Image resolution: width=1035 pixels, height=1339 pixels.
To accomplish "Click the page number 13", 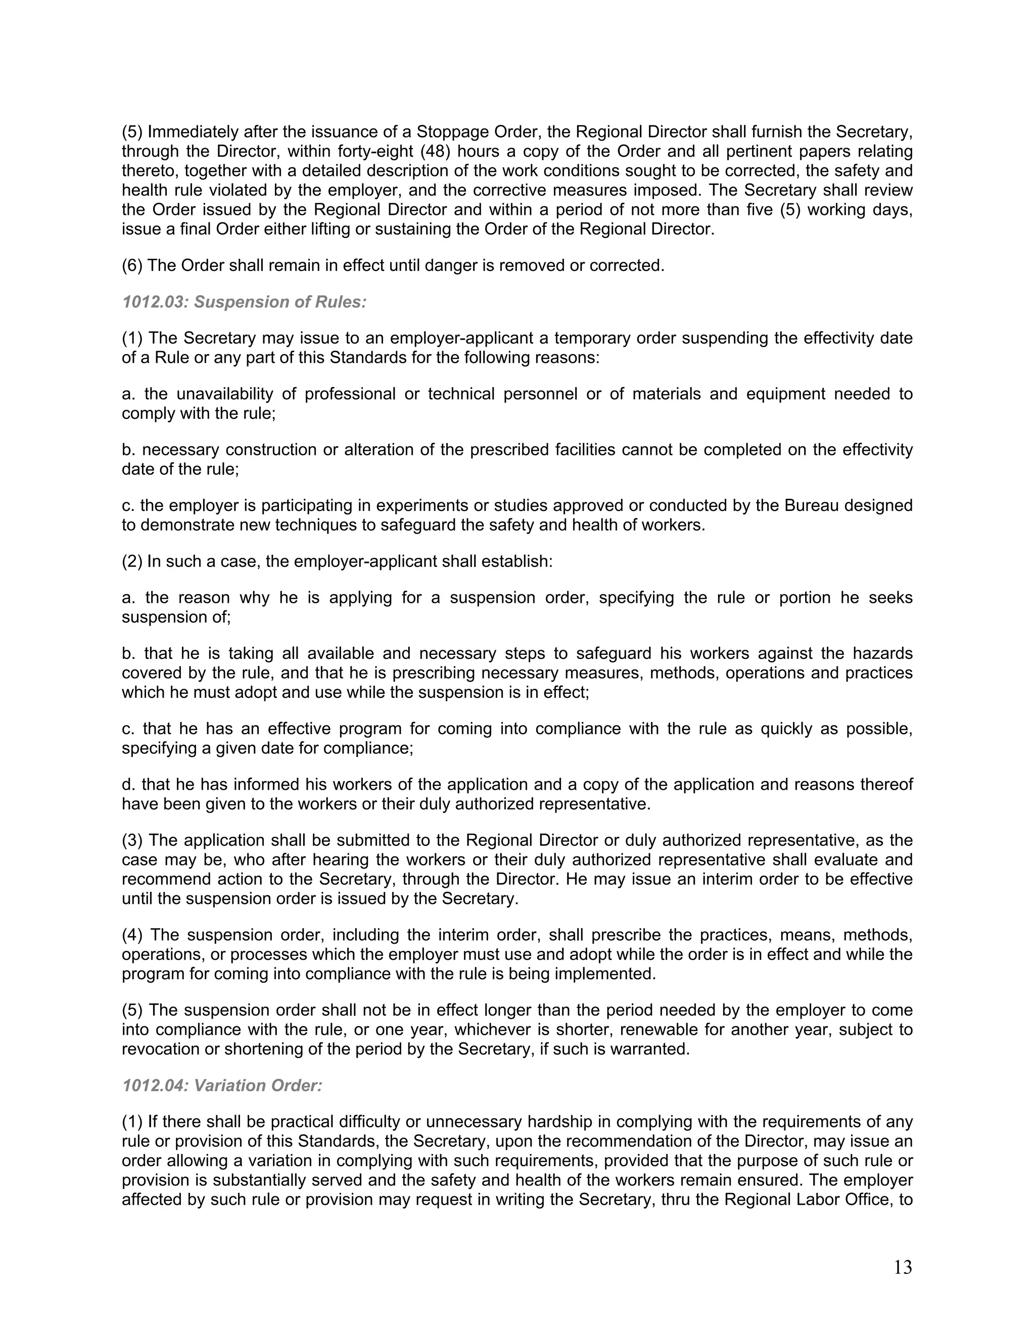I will (x=903, y=1267).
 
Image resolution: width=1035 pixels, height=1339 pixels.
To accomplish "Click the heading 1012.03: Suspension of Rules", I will (x=244, y=302).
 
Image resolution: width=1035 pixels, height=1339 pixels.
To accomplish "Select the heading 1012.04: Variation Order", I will (x=222, y=1086).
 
